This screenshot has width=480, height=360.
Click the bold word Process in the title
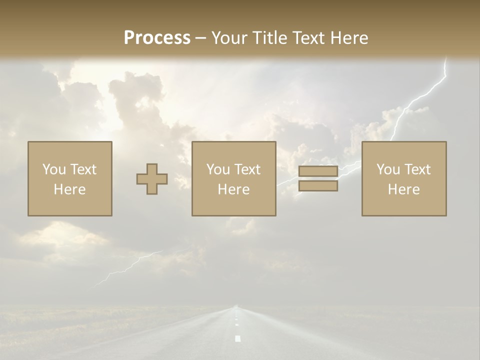[157, 37]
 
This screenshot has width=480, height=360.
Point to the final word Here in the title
[349, 37]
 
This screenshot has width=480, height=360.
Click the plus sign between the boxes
[152, 179]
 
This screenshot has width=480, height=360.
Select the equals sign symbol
[318, 178]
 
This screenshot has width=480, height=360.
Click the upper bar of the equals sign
[318, 171]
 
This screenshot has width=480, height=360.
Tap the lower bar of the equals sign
[318, 186]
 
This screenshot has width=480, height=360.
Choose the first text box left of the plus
[70, 178]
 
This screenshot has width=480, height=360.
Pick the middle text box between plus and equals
[234, 178]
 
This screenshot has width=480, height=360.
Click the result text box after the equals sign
[404, 178]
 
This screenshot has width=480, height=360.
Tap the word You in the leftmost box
[53, 169]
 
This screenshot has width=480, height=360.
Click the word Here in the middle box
[234, 189]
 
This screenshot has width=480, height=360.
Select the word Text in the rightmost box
[417, 169]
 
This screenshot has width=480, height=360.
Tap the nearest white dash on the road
[238, 338]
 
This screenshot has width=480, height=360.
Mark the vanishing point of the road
[235, 306]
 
